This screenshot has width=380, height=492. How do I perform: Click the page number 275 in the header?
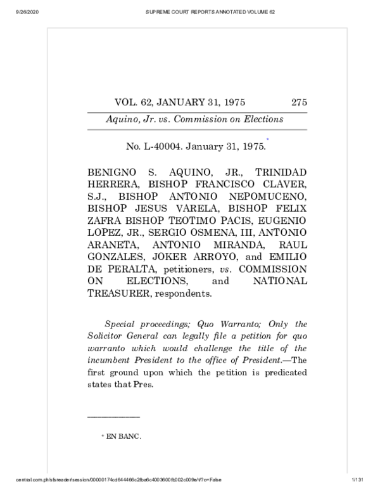pos(299,102)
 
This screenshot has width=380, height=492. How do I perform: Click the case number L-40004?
pos(160,147)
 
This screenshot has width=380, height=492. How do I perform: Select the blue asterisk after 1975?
pos(267,139)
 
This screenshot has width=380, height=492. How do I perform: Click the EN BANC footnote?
pos(123,437)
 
